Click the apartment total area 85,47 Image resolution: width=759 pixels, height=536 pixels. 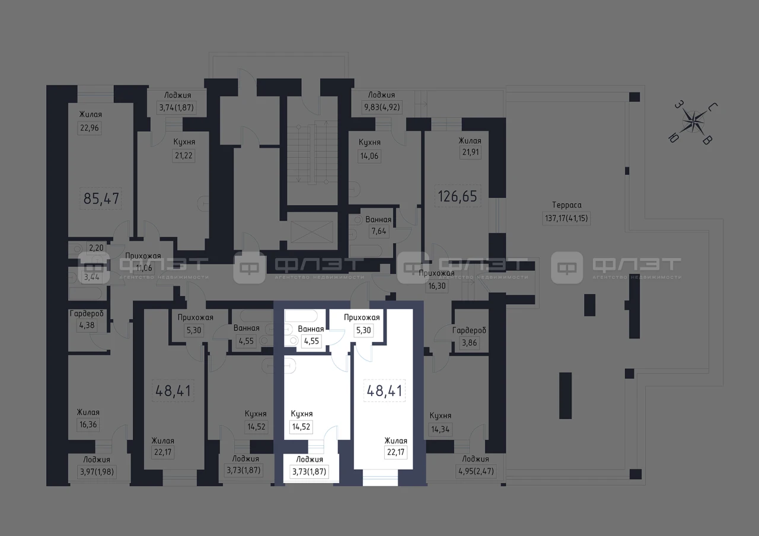tap(101, 199)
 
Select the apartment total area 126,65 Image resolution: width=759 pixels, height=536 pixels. tap(457, 196)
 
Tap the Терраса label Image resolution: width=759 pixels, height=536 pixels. tap(566, 205)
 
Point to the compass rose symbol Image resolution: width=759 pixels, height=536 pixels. tap(693, 122)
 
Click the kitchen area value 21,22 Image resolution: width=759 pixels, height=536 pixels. tap(184, 155)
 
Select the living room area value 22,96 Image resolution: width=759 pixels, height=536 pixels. tap(90, 128)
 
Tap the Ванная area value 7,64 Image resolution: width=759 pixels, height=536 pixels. tap(379, 231)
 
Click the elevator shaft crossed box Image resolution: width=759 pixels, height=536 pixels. tap(312, 232)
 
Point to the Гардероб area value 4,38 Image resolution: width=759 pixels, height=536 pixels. tap(87, 326)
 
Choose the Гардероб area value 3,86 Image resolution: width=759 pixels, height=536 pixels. tap(469, 343)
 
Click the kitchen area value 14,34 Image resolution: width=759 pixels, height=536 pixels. tap(440, 429)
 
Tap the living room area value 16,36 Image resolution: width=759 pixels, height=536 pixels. tap(88, 425)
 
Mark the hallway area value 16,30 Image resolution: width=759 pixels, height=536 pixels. tap(437, 286)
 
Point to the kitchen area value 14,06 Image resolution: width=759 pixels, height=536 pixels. tap(369, 156)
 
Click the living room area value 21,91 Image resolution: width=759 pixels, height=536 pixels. tap(471, 152)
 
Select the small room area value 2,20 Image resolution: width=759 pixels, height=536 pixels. tap(96, 248)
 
